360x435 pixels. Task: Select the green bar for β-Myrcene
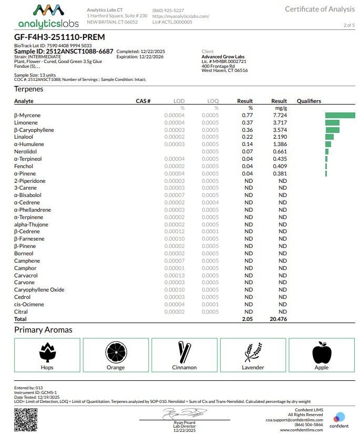click(340, 115)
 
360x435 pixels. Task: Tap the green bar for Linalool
click(330, 137)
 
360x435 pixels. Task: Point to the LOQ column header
click(212, 101)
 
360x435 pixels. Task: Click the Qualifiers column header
click(308, 101)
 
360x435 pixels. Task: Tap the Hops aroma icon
click(47, 352)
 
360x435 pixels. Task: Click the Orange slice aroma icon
click(116, 352)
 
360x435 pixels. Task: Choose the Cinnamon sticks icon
click(184, 352)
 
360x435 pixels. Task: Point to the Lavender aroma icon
click(253, 352)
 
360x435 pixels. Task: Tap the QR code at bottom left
click(25, 419)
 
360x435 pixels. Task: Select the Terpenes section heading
click(28, 89)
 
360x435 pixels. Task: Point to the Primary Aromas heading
click(43, 330)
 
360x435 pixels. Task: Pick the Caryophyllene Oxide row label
click(39, 289)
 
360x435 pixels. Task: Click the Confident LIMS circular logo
click(340, 418)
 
